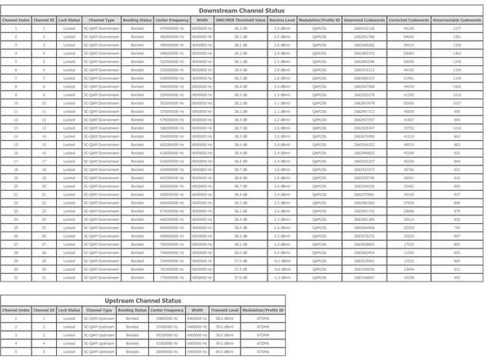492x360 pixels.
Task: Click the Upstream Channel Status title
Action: coord(142,301)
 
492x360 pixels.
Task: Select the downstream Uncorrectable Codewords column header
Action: coord(457,19)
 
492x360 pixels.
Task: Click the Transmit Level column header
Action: coord(224,310)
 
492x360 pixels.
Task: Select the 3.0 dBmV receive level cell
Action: coord(281,28)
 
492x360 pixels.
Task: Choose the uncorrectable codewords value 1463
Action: coord(457,52)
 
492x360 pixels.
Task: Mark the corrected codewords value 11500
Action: coord(408,252)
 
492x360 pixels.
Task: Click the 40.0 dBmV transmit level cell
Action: coord(224,351)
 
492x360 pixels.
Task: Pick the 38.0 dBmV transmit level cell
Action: coord(224,318)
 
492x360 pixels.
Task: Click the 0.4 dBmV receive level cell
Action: coord(281,252)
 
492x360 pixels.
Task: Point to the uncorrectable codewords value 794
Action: coord(457,227)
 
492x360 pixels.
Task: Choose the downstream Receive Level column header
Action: coord(281,19)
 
